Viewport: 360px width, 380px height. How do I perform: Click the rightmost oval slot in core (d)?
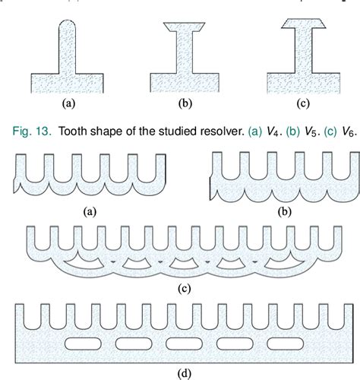click(281, 344)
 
